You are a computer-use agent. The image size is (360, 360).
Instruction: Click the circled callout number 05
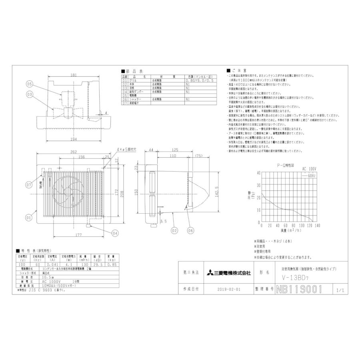[x=29, y=84]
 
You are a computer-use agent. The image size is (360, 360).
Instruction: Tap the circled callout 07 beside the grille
[x=29, y=185]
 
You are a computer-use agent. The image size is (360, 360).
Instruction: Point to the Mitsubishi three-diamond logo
[x=210, y=273]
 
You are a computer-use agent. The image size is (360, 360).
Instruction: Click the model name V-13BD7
[x=293, y=276]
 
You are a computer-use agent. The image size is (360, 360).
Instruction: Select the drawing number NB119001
[x=299, y=289]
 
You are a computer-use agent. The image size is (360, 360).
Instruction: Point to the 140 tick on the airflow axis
[x=317, y=226]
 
